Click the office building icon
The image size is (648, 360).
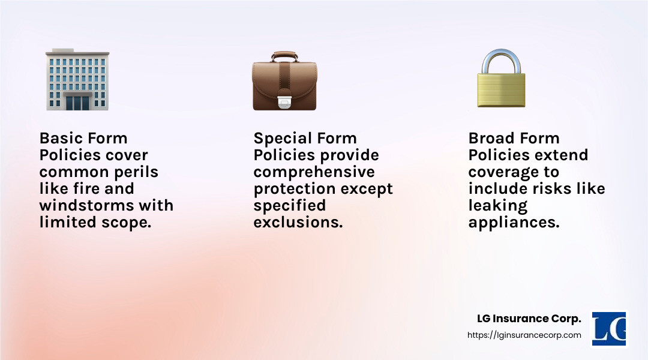(77, 79)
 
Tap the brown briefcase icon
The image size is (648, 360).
(284, 80)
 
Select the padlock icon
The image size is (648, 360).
(501, 78)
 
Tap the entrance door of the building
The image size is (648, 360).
(77, 102)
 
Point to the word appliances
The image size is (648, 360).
(514, 223)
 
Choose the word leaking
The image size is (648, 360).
(498, 206)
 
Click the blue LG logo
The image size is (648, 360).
(609, 329)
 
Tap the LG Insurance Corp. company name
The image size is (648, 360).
(529, 319)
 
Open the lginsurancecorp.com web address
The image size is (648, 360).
(524, 335)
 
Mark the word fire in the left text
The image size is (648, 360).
(86, 188)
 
